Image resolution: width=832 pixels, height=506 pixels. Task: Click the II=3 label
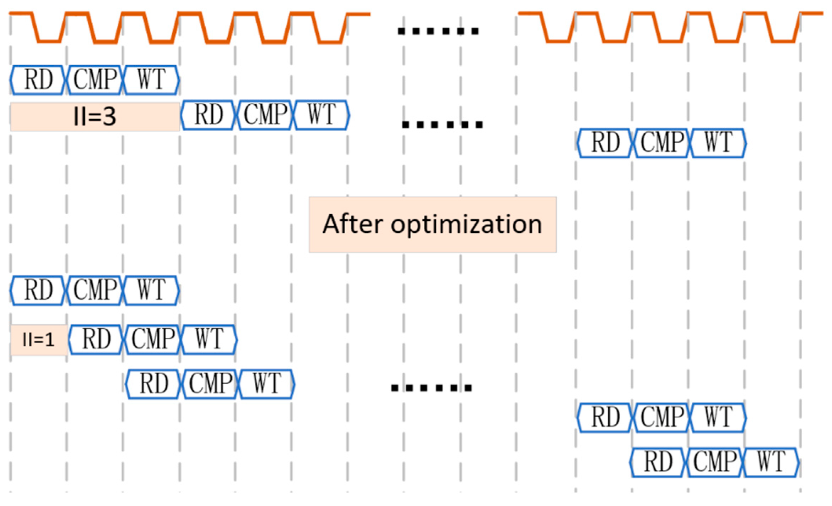94,116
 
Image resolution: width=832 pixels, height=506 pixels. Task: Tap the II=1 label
38,340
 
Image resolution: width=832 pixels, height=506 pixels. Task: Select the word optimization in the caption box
466,225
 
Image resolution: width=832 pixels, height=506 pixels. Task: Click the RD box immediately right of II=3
209,115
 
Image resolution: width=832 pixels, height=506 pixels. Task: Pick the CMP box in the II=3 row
265,115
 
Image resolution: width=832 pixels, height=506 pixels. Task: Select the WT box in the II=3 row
322,115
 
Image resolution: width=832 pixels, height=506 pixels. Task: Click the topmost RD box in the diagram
38,80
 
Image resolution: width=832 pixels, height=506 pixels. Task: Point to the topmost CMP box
95,80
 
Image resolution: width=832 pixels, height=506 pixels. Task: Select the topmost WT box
151,80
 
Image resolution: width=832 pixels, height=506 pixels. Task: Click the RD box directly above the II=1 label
38,290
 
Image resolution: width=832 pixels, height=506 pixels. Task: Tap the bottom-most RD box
658,462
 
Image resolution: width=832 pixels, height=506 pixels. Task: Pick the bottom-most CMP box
715,462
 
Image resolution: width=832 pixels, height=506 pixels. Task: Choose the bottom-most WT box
771,462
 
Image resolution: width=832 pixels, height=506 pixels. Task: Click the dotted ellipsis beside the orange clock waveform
438,31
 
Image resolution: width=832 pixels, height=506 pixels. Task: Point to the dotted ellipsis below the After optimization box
431,387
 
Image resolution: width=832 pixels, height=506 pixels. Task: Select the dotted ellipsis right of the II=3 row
442,124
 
